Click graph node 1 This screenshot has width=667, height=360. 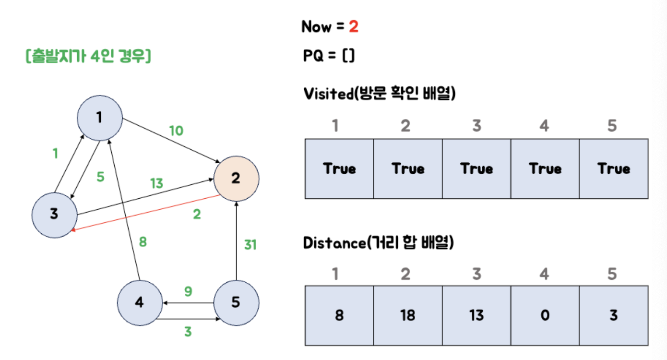100,118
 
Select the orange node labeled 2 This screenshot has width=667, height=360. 236,179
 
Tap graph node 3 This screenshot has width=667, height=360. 54,215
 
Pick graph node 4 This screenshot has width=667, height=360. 140,303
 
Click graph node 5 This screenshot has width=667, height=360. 236,303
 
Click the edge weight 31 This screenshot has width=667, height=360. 250,245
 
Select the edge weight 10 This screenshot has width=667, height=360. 176,130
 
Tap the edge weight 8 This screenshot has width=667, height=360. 143,241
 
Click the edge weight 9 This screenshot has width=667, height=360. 188,291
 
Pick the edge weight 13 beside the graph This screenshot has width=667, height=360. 156,183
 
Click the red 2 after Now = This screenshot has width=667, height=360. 353,27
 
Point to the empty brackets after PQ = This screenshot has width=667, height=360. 348,56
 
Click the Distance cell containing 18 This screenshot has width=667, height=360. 408,315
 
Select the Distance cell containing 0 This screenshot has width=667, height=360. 545,315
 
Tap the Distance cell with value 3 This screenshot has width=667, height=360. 614,315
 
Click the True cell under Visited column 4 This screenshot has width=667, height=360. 545,168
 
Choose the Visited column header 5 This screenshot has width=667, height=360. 612,126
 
